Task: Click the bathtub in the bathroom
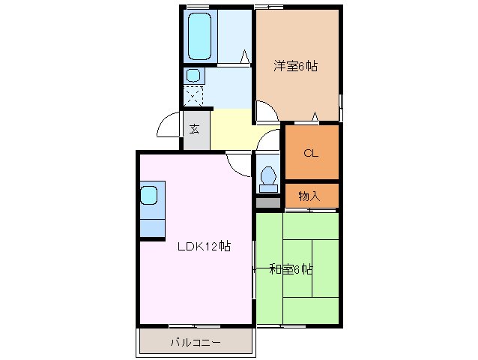(x=199, y=35)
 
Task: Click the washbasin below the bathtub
(x=193, y=75)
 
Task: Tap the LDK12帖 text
(x=203, y=247)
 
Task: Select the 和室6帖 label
(x=291, y=269)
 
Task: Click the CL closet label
(x=311, y=153)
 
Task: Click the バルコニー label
(x=194, y=343)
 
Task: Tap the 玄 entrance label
(x=194, y=129)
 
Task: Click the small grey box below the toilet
(x=267, y=202)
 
